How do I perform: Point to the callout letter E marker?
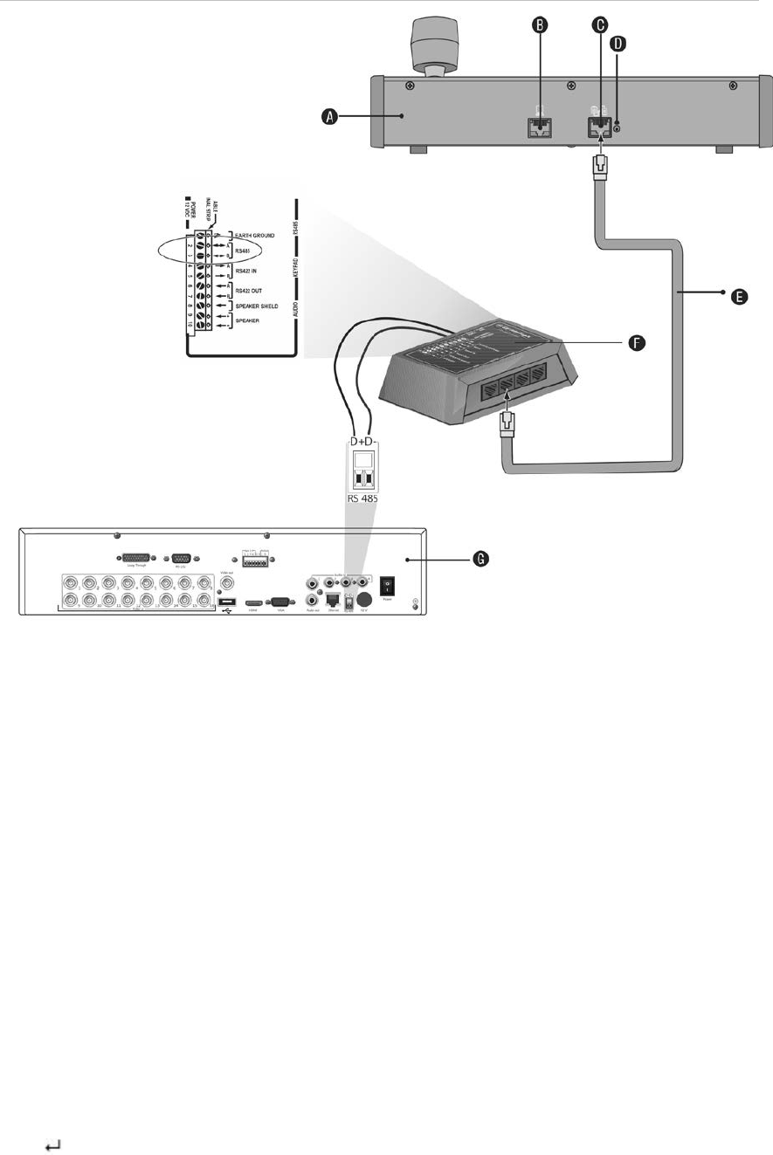[737, 297]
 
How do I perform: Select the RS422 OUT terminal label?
[252, 291]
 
